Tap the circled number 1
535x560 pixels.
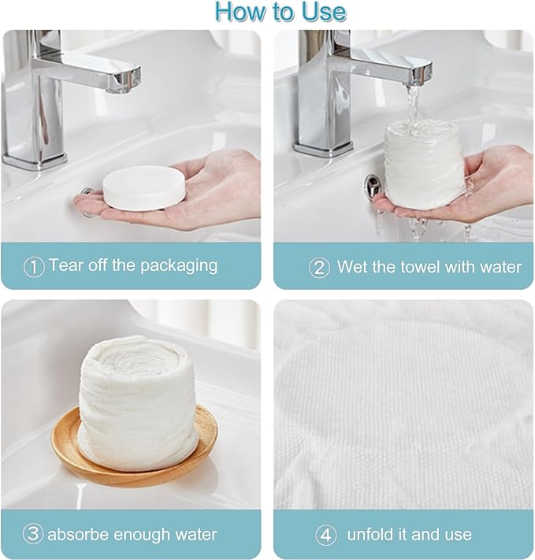pyautogui.click(x=34, y=266)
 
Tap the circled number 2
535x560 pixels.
pyautogui.click(x=319, y=268)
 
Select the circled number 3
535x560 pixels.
pyautogui.click(x=33, y=534)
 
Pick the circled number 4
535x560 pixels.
pyautogui.click(x=326, y=535)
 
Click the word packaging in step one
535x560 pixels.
pyautogui.click(x=179, y=266)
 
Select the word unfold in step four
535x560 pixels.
pyautogui.click(x=370, y=534)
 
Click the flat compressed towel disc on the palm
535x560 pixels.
pyautogui.click(x=143, y=187)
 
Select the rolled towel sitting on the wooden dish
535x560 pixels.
pyautogui.click(x=137, y=402)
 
